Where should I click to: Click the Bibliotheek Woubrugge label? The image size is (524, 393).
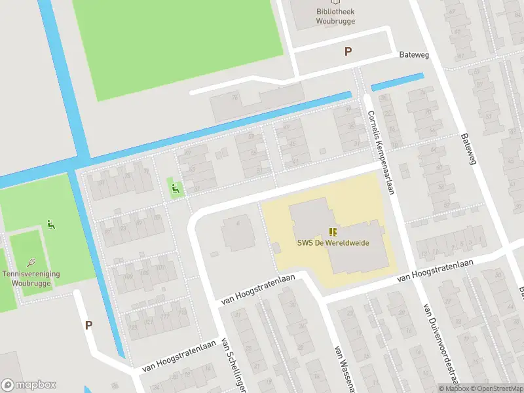coord(336,16)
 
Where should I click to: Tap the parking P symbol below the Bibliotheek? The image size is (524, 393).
coord(348,52)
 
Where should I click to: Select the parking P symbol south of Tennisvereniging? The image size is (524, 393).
coord(88,325)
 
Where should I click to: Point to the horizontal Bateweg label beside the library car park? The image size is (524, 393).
coord(414,55)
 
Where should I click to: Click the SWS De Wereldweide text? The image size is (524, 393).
coord(333,243)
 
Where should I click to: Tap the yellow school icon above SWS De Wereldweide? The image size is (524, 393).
coord(333,231)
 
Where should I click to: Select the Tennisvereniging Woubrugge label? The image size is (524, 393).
coord(31,278)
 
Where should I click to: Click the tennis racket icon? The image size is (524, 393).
coord(31,262)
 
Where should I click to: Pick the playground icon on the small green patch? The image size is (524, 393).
coord(175,189)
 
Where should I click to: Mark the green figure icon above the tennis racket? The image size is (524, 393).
coord(50,225)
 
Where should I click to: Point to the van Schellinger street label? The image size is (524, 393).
coord(233,365)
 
